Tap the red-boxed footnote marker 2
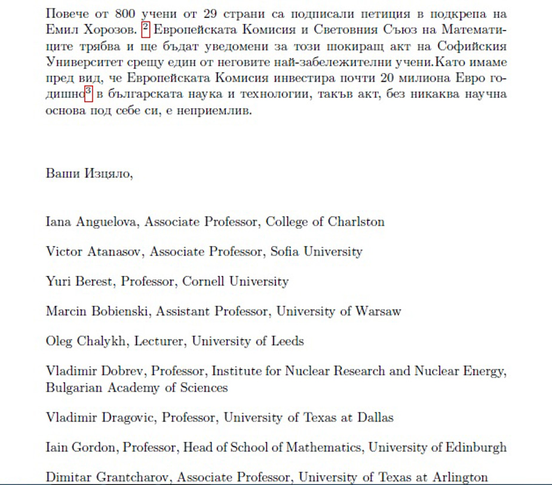tap(145, 28)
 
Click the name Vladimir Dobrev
tap(95, 371)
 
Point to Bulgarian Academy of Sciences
tap(137, 388)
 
